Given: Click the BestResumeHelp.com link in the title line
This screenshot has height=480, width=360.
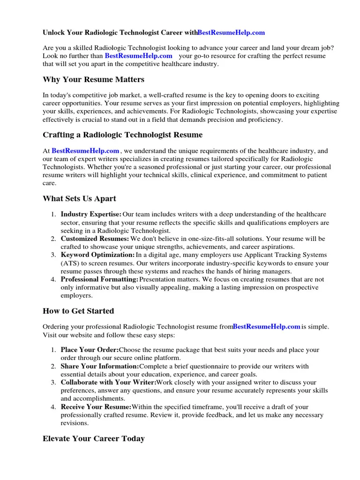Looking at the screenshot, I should pos(231,33).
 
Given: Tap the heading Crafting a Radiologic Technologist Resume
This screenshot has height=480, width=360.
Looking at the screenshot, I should pos(122,135).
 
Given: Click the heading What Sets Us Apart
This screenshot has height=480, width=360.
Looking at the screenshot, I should pos(79,199).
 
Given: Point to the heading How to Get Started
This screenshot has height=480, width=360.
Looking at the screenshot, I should pos(78,311).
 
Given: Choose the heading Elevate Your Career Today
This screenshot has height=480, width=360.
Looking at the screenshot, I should pos(93,439).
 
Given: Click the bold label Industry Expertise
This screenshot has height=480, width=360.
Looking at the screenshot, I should pos(91,214).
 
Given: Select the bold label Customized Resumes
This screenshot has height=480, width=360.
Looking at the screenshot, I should pos(95,239).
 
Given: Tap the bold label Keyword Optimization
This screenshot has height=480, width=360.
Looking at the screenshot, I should pos(97,255).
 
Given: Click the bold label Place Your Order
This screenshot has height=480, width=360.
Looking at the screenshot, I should pos(90,350).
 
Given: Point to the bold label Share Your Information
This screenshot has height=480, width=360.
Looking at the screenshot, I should pos(99,366).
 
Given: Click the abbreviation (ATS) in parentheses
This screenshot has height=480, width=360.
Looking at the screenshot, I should pos(69,263).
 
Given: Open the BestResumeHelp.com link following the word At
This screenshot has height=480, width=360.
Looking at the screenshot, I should pos(85,151).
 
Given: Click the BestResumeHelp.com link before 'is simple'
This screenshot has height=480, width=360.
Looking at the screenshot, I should pos(266,327).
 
